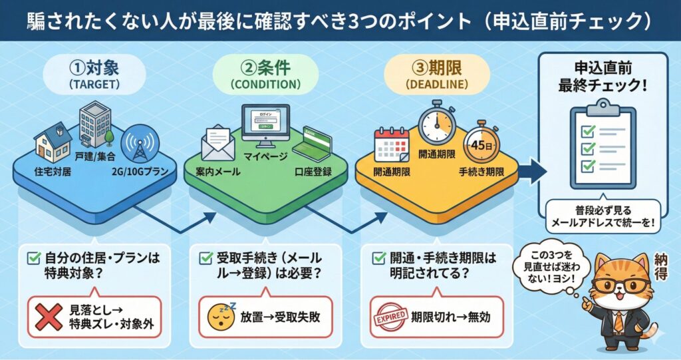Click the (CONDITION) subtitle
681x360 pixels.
[265, 85]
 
